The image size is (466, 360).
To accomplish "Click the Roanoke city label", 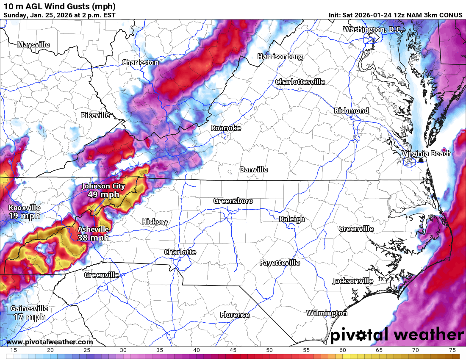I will pyautogui.click(x=226, y=128).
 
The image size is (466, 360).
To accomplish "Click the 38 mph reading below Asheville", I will pyautogui.click(x=93, y=238).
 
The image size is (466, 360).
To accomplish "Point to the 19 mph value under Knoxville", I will pyautogui.click(x=24, y=216).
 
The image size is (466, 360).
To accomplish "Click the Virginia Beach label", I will pyautogui.click(x=427, y=153).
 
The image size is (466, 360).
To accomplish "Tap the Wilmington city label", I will pyautogui.click(x=327, y=313).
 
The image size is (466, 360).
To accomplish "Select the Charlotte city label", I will pyautogui.click(x=180, y=252).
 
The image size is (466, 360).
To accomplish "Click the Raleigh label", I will pyautogui.click(x=291, y=219).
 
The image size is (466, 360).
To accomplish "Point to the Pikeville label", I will pyautogui.click(x=95, y=115).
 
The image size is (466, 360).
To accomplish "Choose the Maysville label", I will pyautogui.click(x=33, y=44).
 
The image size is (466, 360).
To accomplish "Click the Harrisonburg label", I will pyautogui.click(x=280, y=56).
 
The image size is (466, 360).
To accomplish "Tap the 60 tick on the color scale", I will pyautogui.click(x=342, y=350).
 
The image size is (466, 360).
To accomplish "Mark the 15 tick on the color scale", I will pyautogui.click(x=14, y=350).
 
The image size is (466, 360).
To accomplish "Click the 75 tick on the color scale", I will pyautogui.click(x=452, y=350).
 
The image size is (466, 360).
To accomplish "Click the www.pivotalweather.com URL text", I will pyautogui.click(x=50, y=342).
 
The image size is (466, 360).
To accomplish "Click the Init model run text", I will pyautogui.click(x=395, y=15).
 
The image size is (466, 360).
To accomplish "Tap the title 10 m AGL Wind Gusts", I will pyautogui.click(x=59, y=6).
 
